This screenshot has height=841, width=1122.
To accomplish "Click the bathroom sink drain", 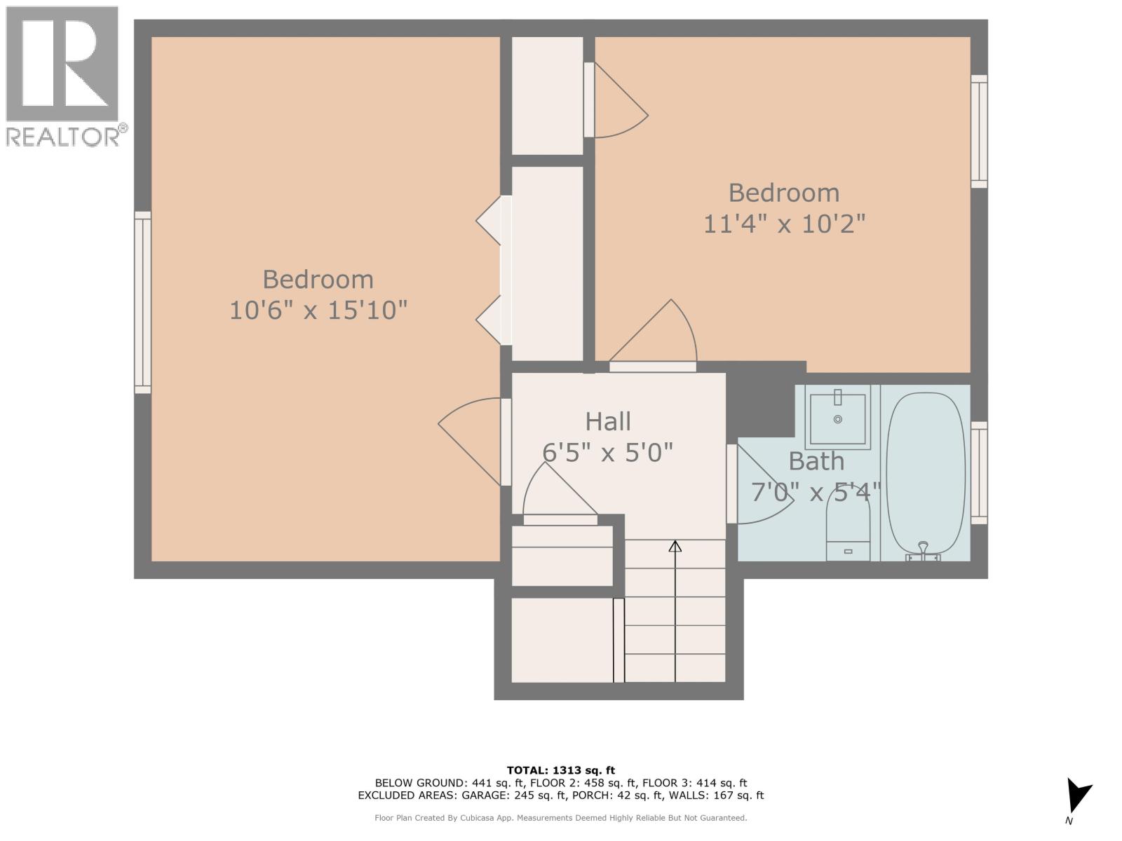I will pos(838,419).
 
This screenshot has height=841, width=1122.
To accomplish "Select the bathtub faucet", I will pos(923,551).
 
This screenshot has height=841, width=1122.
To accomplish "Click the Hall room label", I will pos(608,421).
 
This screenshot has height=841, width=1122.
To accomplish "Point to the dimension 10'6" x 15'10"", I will pos(318,309).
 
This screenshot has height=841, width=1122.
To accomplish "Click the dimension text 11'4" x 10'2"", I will pos(784,224).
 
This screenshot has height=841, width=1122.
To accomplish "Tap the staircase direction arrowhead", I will pos(675,546).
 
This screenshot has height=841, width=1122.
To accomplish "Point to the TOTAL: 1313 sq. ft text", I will pos(561,770).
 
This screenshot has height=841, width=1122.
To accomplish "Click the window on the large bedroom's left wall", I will pos(142,302).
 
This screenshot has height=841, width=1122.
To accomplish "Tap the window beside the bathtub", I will pos(979,473).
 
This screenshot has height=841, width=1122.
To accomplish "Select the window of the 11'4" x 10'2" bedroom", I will pos(979,132).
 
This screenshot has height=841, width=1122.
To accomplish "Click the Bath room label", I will pos(816,461).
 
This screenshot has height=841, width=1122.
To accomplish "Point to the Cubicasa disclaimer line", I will pos(561,818).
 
